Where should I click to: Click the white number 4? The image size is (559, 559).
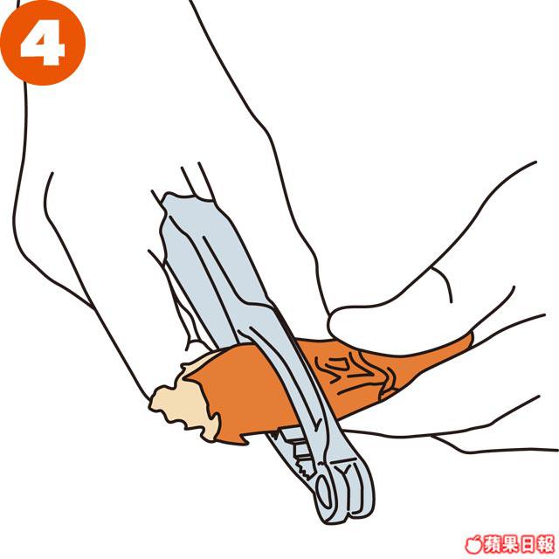point(43,43)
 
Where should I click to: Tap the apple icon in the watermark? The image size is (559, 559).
point(473,544)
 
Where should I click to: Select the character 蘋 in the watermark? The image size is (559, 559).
point(492,544)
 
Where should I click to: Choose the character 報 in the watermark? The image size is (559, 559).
point(545,544)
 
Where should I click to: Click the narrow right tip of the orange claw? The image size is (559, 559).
point(470,339)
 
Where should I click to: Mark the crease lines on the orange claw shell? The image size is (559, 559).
point(353,373)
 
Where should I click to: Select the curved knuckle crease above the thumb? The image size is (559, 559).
point(444,283)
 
